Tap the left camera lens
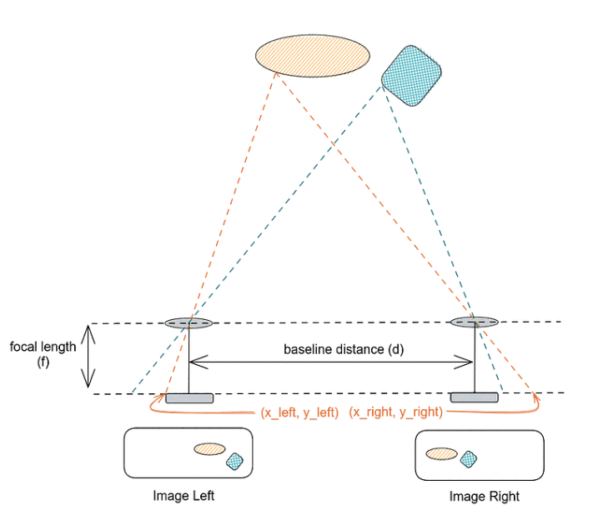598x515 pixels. tap(188, 322)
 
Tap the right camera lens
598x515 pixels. tap(475, 322)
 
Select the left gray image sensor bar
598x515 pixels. tap(188, 397)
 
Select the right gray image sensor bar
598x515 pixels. tap(475, 397)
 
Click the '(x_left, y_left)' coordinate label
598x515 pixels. tap(299, 412)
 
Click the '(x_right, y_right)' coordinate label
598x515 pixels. tap(394, 412)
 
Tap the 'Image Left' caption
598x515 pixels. tap(183, 496)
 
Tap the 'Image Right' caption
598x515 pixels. tap(484, 497)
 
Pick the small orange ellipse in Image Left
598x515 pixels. tap(209, 448)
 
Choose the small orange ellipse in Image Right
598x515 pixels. tap(441, 453)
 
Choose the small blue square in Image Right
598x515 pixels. tap(469, 457)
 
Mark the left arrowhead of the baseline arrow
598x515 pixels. tap(193, 361)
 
